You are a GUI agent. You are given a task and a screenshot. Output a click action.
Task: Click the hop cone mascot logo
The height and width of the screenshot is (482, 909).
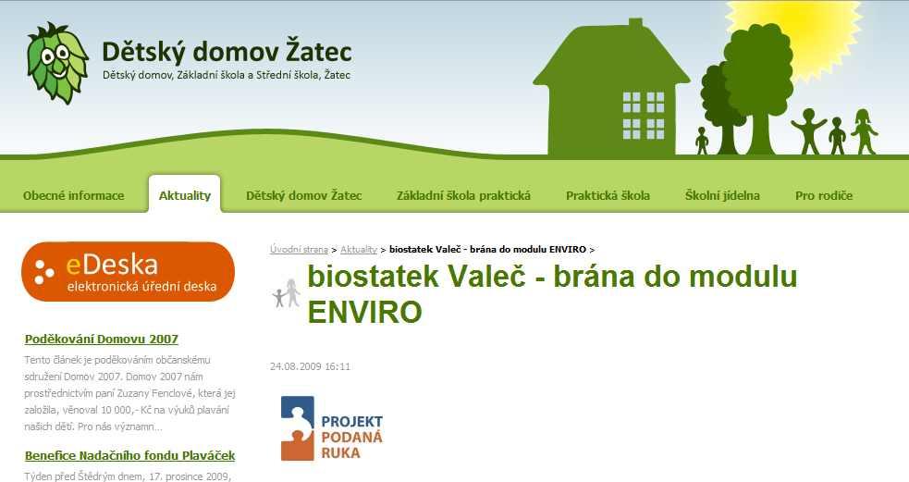(x=57, y=63)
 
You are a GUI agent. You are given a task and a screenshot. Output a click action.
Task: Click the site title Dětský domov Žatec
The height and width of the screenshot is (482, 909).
(x=227, y=52)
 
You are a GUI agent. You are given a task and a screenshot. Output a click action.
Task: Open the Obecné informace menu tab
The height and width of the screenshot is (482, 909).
(x=74, y=195)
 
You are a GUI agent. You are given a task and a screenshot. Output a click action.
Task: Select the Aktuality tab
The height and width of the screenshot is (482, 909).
(x=184, y=195)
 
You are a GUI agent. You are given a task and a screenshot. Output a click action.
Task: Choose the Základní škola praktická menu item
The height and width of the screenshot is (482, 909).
(x=463, y=195)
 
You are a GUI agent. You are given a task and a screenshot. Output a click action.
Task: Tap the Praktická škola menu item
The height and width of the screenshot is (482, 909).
(x=608, y=195)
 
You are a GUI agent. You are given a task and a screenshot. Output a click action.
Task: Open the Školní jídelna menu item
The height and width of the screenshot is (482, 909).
(x=722, y=195)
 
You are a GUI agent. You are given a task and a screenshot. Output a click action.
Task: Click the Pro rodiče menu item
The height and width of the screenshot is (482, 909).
(x=824, y=195)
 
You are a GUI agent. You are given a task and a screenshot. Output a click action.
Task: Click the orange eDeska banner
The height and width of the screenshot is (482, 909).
(x=129, y=271)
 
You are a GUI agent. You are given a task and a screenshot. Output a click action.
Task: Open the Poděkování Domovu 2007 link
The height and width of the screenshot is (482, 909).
(x=102, y=339)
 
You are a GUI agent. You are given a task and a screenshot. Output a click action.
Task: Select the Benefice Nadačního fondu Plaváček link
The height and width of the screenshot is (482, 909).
(x=129, y=455)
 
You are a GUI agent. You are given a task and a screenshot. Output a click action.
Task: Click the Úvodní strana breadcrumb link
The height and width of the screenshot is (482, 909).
(x=299, y=250)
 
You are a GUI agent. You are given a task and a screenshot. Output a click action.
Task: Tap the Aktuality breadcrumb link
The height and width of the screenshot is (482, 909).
(x=358, y=250)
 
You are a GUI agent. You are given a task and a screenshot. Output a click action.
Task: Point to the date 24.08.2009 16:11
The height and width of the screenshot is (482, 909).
(x=310, y=366)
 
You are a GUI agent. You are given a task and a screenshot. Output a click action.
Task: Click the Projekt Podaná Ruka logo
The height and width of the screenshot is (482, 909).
(x=332, y=428)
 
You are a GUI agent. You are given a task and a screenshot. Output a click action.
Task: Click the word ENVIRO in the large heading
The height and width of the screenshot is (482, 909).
(x=364, y=312)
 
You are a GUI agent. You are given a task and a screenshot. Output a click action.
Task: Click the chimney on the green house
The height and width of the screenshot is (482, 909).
(x=636, y=24)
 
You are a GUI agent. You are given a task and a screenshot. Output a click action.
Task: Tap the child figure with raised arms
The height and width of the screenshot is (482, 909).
(x=809, y=131)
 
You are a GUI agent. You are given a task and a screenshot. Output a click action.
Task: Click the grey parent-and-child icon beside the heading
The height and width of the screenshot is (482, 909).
(x=287, y=293)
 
